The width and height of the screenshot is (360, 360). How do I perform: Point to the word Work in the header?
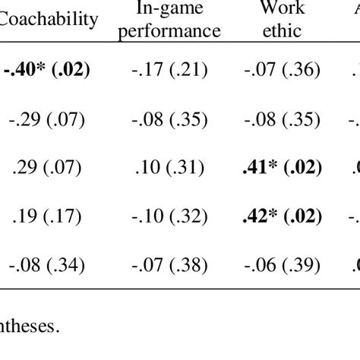coord(281,9)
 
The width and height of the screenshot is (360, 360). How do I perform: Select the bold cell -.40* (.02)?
coord(46,71)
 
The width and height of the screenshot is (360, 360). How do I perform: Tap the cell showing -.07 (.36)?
coord(282,71)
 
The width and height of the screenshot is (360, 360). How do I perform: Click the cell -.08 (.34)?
coord(50,265)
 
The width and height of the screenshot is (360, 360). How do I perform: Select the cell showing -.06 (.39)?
coord(282,265)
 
